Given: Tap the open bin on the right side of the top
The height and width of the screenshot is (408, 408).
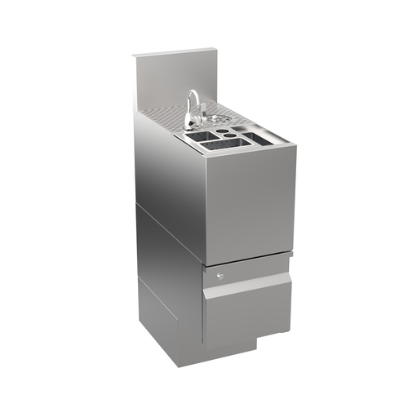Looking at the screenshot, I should (x=265, y=140).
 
